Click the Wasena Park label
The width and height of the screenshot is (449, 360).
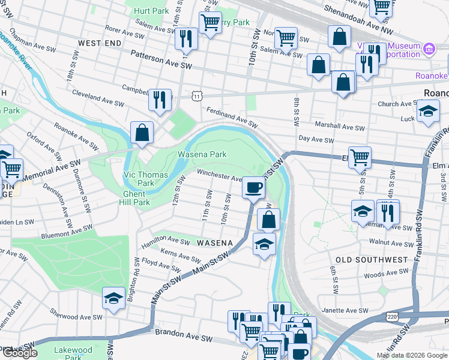coord(202,154)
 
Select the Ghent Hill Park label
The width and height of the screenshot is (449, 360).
coord(133,198)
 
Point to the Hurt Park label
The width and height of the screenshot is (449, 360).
coord(151,11)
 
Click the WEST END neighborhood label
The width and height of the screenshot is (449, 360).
coord(97,44)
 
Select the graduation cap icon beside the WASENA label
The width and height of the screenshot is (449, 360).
coord(263,244)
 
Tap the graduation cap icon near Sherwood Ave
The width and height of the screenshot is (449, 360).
coord(113,298)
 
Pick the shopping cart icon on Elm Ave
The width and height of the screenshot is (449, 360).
coord(360,157)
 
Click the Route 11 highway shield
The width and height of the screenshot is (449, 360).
coord(197,96)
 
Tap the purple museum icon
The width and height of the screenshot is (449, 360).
coord(429,48)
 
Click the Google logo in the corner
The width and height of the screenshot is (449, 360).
coord(20,353)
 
